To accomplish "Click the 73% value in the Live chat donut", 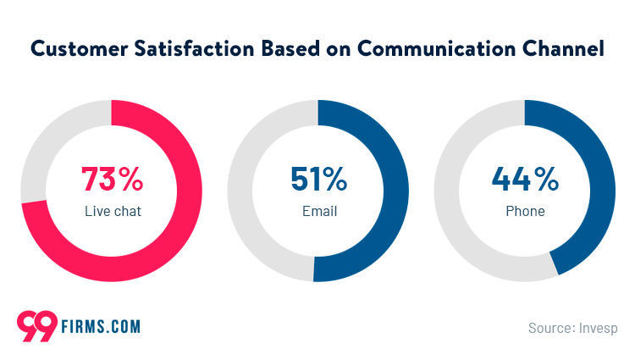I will click(x=112, y=180).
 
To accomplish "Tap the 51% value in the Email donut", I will click(x=318, y=180).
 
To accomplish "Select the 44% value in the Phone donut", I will click(x=525, y=180).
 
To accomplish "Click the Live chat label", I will click(x=112, y=211).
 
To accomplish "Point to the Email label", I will click(x=318, y=211).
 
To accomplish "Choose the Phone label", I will click(x=525, y=211).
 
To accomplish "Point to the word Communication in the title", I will click(x=439, y=49).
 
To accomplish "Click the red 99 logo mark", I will click(x=37, y=326).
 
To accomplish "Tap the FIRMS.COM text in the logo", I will click(x=100, y=326).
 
